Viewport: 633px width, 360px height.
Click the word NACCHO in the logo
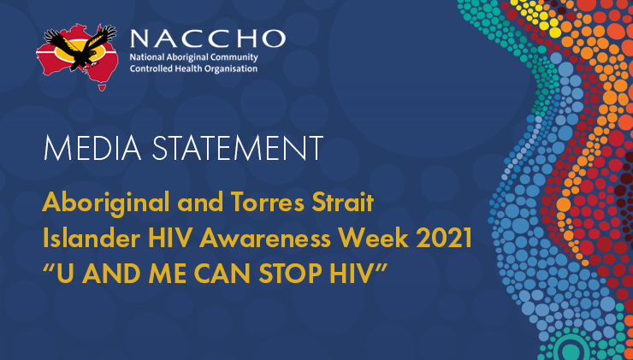pos(208,38)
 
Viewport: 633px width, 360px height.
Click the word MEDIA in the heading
pos(92,148)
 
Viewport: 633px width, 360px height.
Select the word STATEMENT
pos(238,148)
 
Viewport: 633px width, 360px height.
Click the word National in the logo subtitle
pos(145,57)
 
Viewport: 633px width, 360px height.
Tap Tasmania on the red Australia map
pos(102,86)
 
